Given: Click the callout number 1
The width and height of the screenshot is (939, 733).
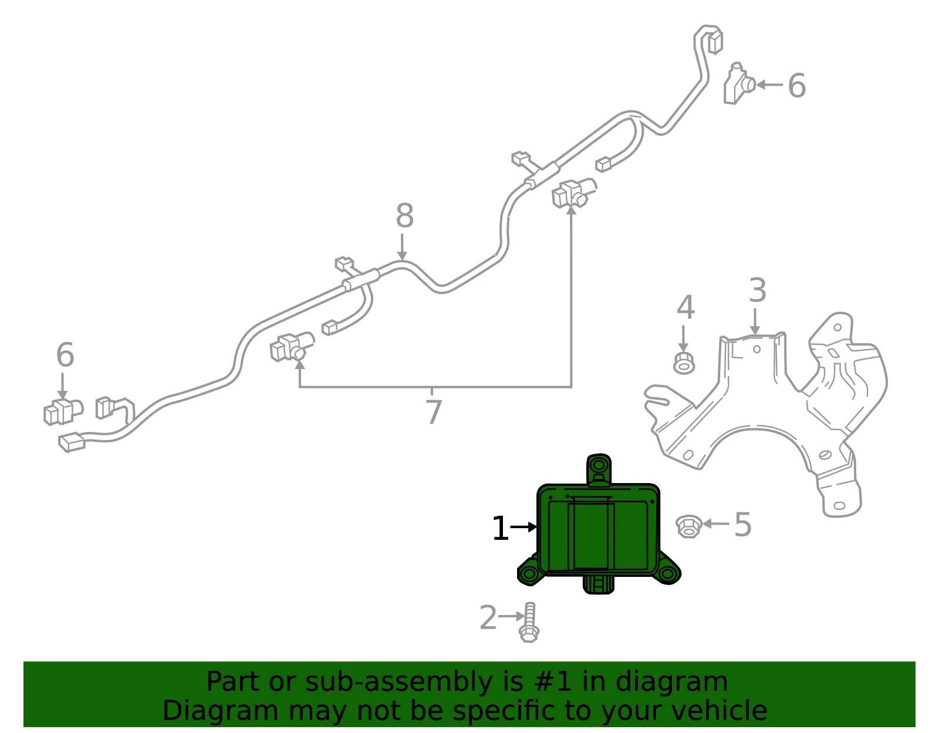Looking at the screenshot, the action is coord(500,528).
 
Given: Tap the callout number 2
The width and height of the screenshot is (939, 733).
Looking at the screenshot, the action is coord(488,617).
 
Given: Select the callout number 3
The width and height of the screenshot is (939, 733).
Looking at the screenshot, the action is coord(758,291).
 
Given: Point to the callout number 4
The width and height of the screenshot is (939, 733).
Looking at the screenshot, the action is coord(685,308).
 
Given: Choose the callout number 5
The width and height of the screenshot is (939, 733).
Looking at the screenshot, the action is coord(743,525).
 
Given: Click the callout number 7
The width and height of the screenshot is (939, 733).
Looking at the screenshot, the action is coord(434,411).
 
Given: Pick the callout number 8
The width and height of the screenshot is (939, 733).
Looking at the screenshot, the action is coord(404,215).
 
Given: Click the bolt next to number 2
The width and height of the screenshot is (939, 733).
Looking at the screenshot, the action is coord(529,623).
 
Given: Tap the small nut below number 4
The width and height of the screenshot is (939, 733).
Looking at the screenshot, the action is coord(684,363).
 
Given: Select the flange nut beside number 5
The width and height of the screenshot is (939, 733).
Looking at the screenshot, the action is coord(688,526).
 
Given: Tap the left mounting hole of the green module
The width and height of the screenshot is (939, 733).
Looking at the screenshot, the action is coord(529,573).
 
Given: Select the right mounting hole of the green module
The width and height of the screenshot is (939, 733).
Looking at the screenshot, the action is coord(667,573).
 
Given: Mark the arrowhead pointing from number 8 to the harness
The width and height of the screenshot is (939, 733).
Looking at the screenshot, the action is coord(402,255).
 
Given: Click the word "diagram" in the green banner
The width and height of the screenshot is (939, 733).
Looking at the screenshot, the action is coord(671,682).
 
